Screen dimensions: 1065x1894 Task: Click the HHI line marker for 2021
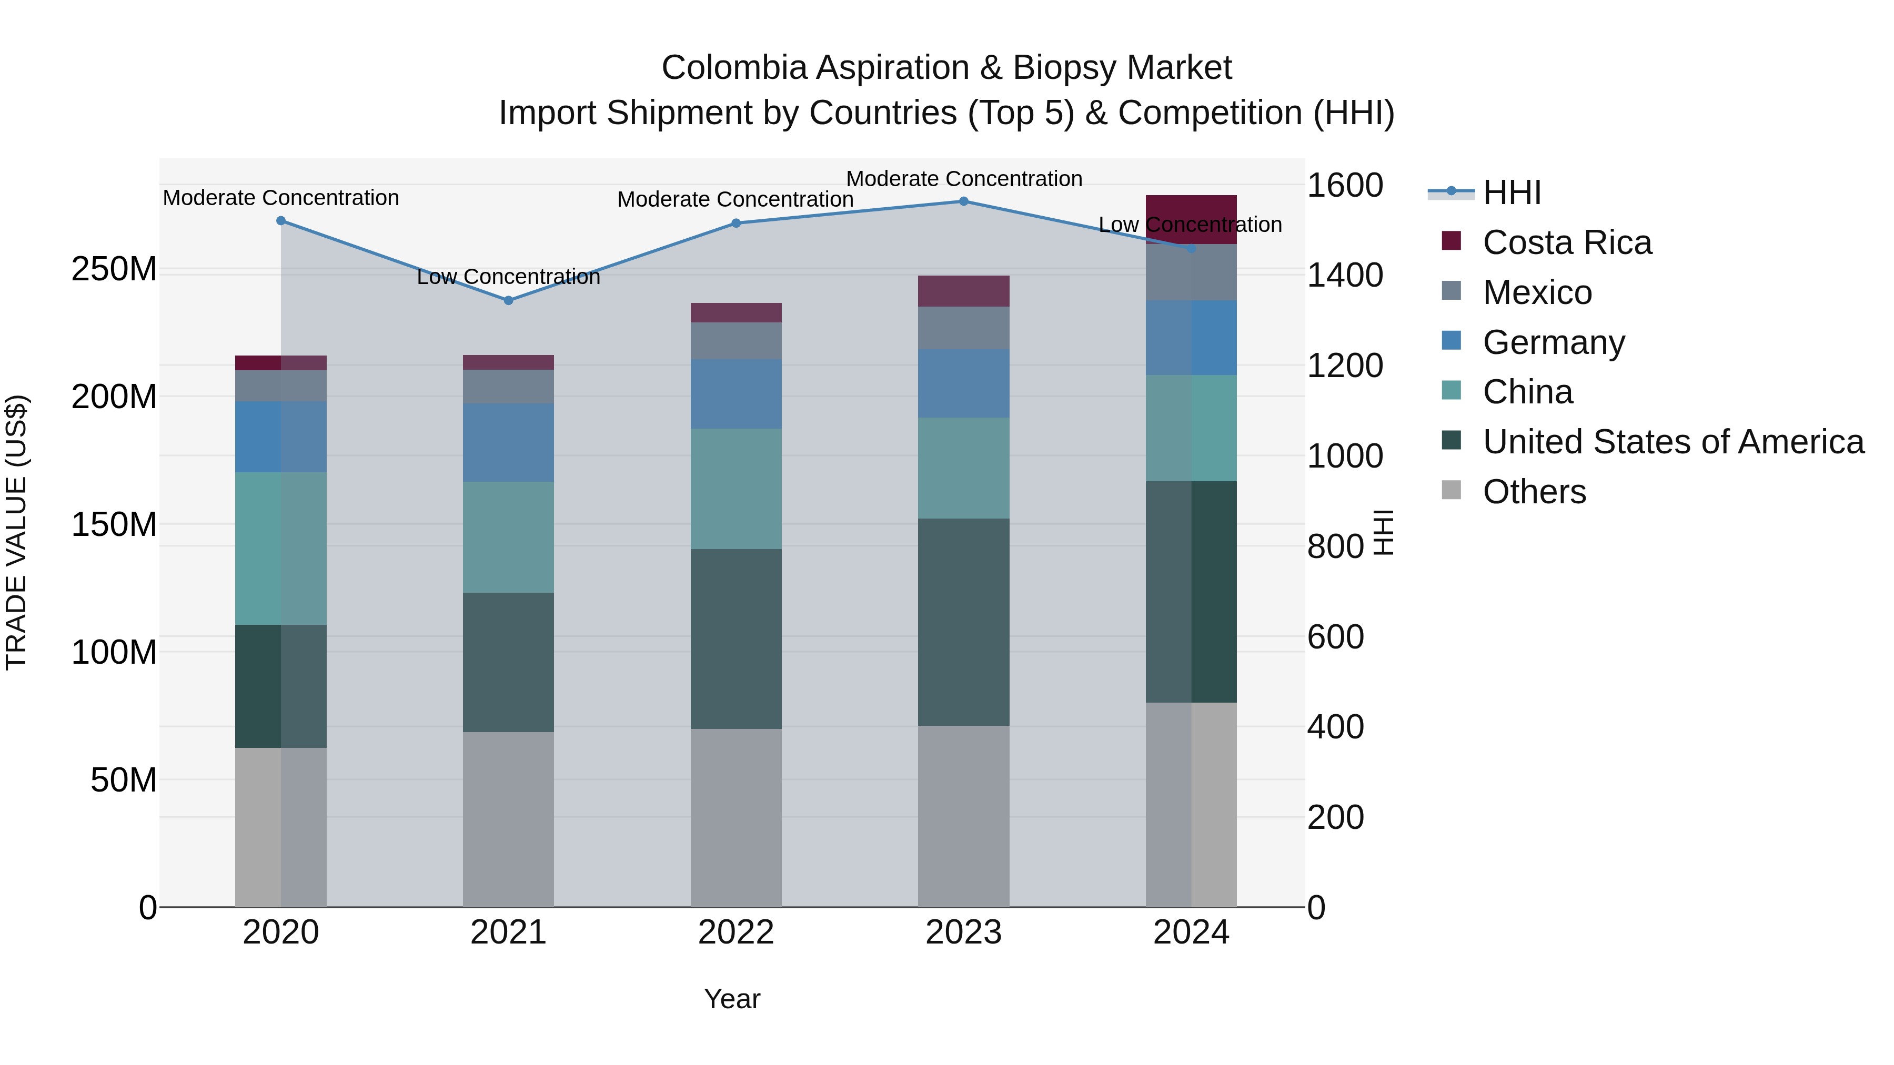coord(508,300)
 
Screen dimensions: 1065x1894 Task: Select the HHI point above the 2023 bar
coord(963,201)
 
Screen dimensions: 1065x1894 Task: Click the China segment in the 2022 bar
coord(736,489)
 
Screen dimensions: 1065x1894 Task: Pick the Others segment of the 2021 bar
coord(508,819)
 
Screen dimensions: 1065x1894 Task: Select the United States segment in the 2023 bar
coord(963,622)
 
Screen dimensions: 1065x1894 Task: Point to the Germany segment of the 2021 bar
coord(508,442)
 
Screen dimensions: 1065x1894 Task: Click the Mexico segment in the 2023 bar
coord(963,328)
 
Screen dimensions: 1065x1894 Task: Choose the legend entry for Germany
coord(1553,342)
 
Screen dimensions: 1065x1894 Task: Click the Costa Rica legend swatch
coord(1452,241)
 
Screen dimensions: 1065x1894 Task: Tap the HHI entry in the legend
coord(1512,192)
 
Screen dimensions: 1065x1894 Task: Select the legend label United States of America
coord(1673,442)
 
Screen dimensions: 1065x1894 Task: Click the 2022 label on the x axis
coord(736,932)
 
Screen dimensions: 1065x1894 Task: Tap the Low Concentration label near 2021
coord(508,277)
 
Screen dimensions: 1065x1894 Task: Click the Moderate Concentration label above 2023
coord(963,179)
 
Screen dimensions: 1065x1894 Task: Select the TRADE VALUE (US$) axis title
coord(16,532)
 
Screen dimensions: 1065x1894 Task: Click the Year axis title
coord(732,999)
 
